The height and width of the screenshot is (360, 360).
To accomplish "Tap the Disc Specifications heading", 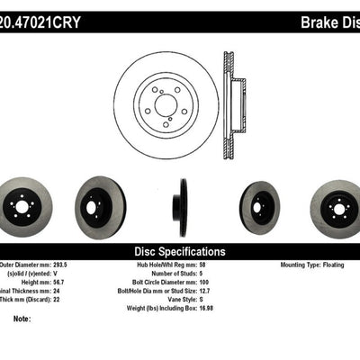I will click(x=179, y=252).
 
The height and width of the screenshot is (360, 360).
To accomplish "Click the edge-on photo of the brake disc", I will click(x=184, y=207).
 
